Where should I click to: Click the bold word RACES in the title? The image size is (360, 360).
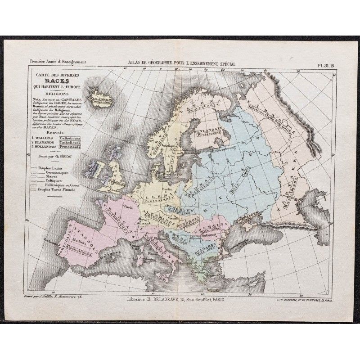pyautogui.click(x=54, y=81)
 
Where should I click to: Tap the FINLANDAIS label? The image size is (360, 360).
pyautogui.click(x=209, y=129)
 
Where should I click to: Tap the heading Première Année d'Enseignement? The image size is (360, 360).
pyautogui.click(x=55, y=65)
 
